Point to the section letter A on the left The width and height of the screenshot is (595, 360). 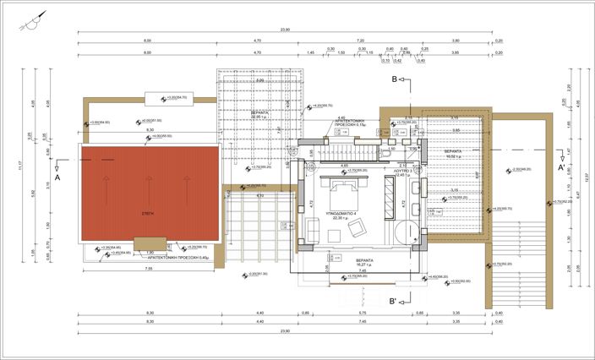pos(57,178)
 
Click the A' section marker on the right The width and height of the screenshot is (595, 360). pos(560,166)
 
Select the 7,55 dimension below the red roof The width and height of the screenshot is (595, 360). pos(148,269)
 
